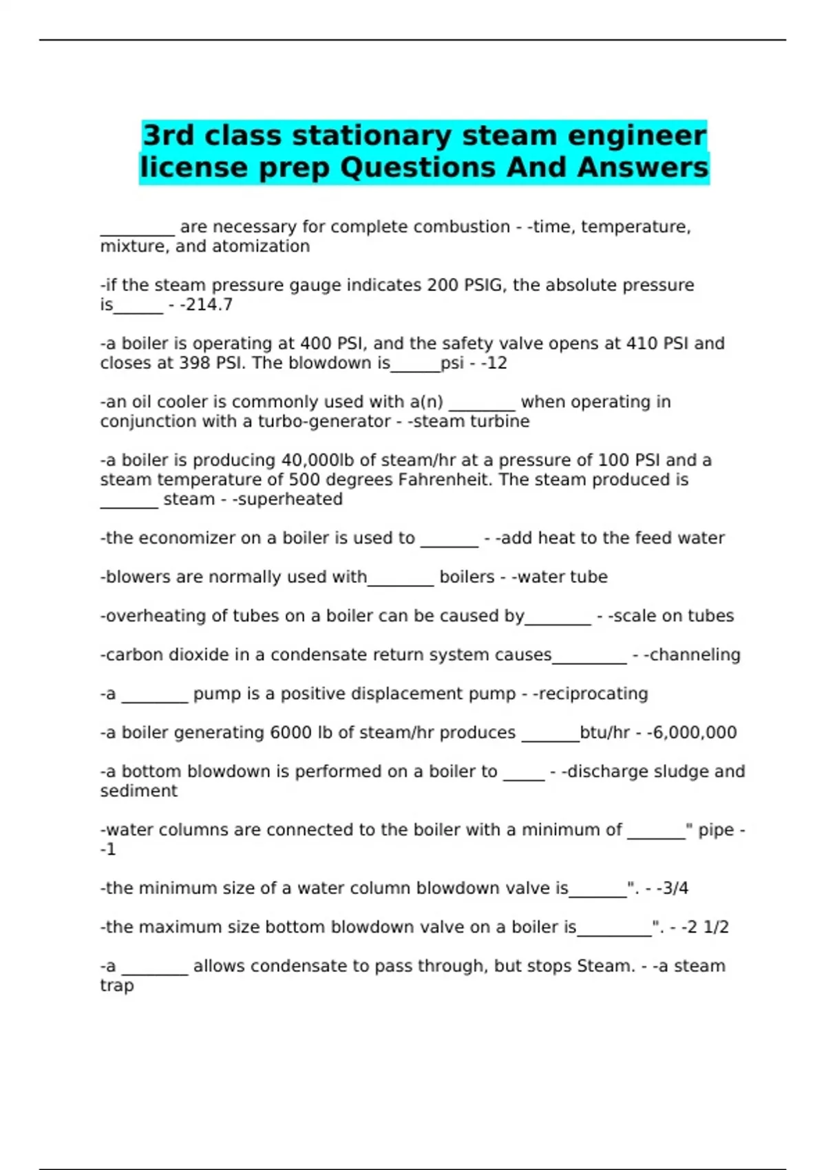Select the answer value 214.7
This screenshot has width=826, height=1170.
pyautogui.click(x=209, y=304)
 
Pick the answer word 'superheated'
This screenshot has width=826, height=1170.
pyautogui.click(x=290, y=499)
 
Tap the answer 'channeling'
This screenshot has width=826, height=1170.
pyautogui.click(x=695, y=655)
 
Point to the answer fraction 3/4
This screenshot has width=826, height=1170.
pyautogui.click(x=675, y=888)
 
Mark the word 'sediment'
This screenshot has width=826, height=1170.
pyautogui.click(x=138, y=791)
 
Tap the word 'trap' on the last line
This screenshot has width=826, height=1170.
pyautogui.click(x=117, y=986)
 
